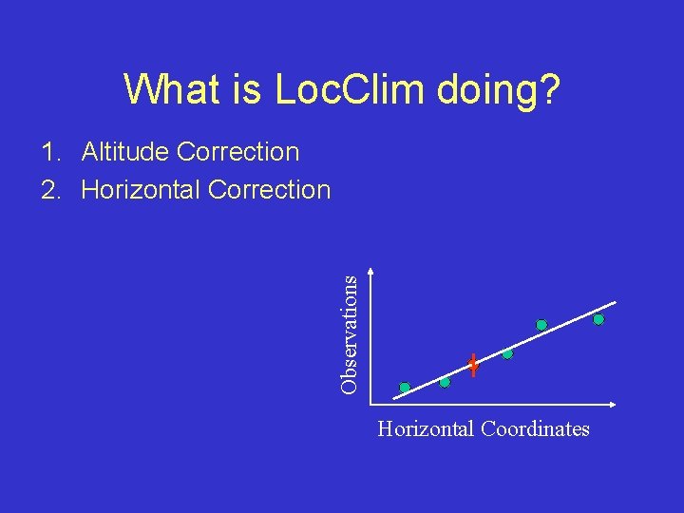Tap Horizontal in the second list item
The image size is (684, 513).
[141, 190]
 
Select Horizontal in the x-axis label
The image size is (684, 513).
[426, 429]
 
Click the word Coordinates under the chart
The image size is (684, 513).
[535, 429]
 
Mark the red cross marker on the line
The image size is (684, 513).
[472, 365]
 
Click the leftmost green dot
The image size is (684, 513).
[405, 388]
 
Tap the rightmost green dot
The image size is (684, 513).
[598, 320]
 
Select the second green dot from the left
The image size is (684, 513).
[445, 382]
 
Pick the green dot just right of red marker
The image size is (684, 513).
[507, 354]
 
